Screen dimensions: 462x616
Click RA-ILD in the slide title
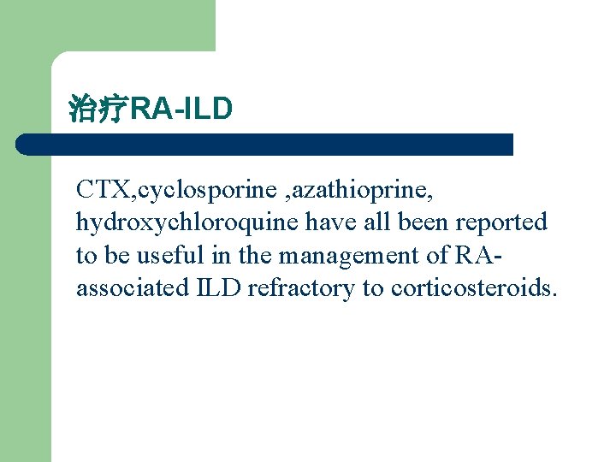[x=181, y=110]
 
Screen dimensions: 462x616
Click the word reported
[x=500, y=222]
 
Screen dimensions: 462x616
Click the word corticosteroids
[x=474, y=288]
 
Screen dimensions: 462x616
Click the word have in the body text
[x=331, y=222]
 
